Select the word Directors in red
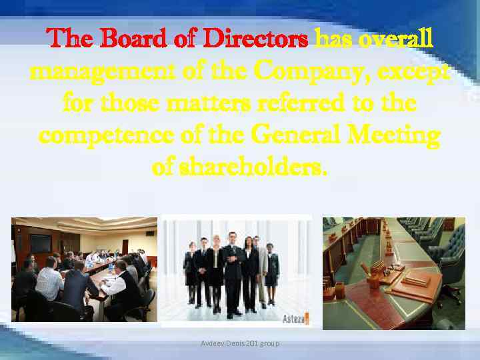[x=255, y=39]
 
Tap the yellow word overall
[x=396, y=39]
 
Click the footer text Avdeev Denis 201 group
[x=241, y=343]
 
